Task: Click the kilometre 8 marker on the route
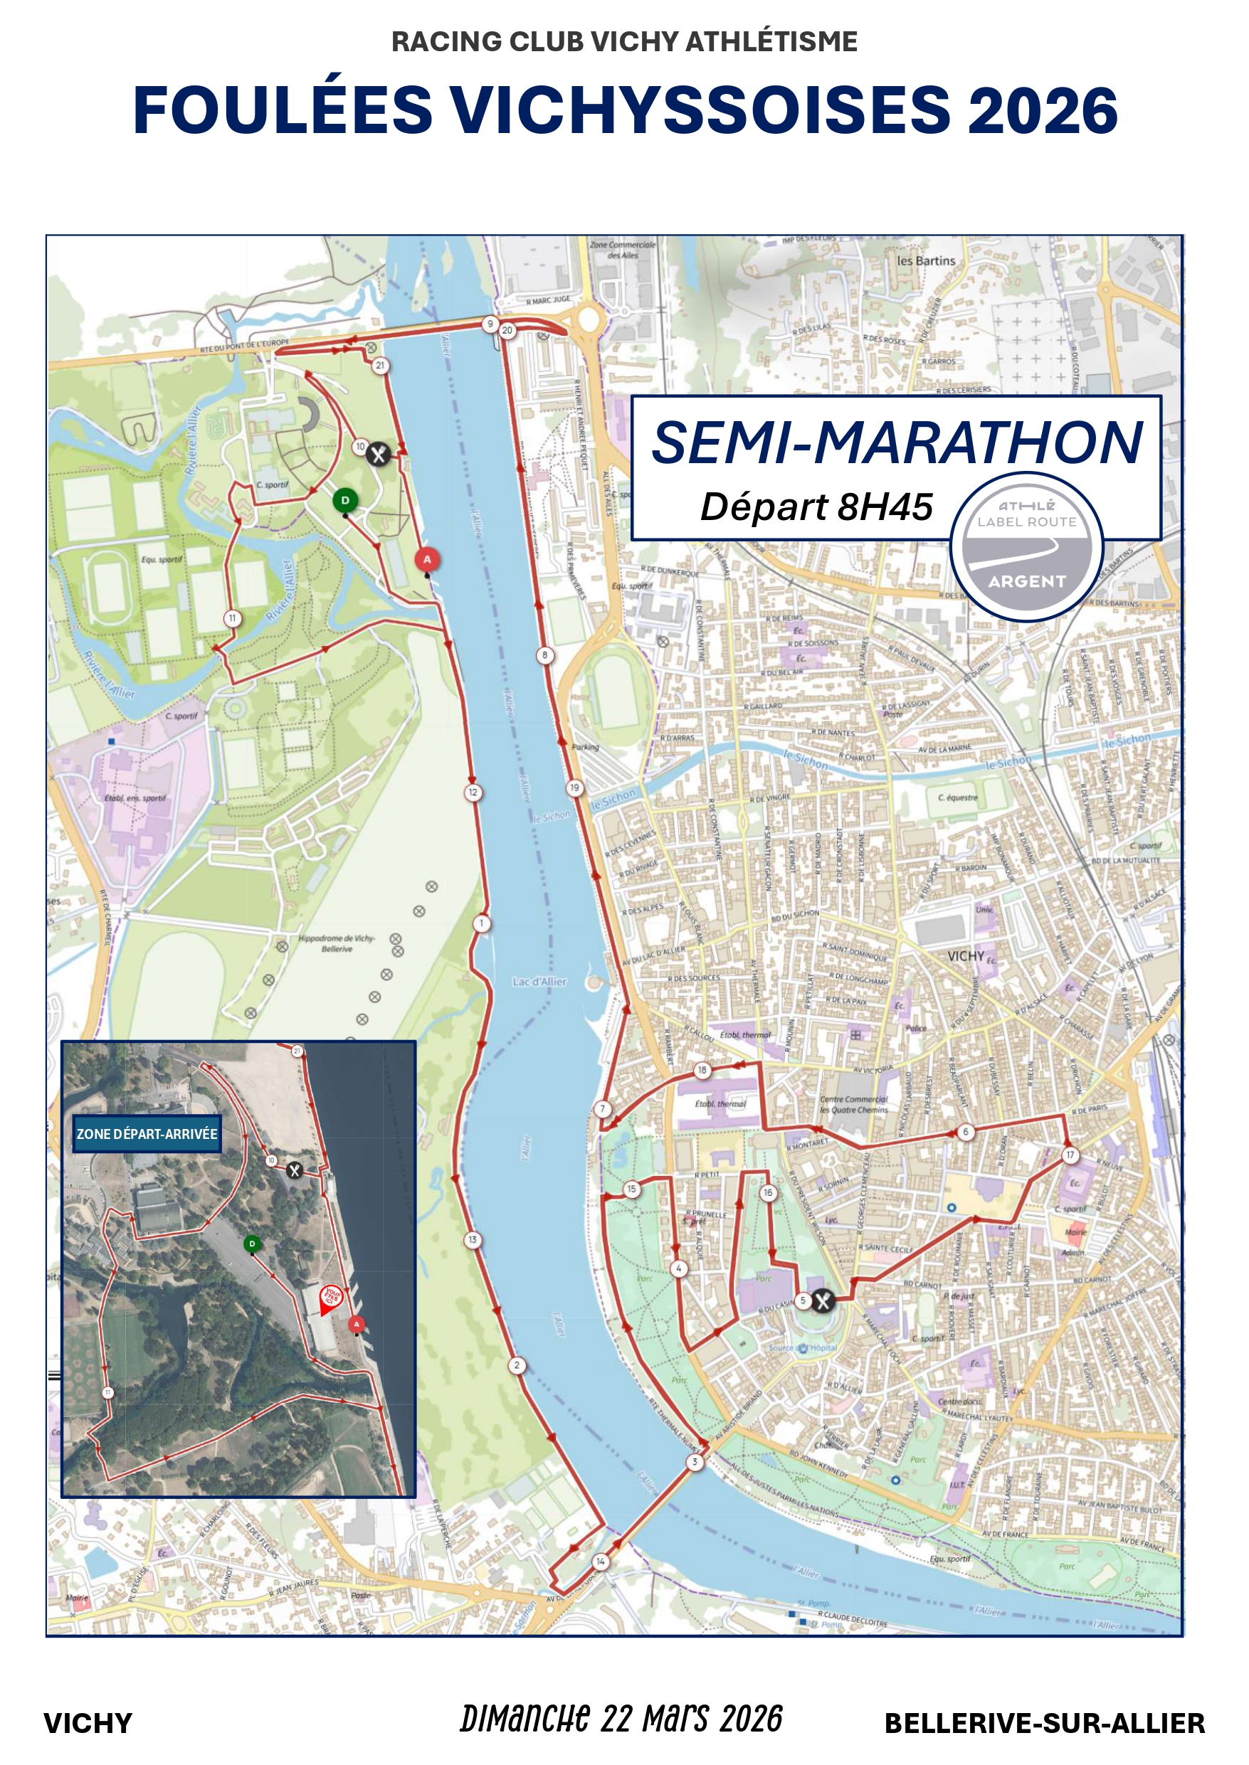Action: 544,655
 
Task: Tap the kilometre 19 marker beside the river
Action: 574,788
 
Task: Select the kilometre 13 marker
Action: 473,1239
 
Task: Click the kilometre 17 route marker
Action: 1070,1155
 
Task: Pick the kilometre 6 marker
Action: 965,1132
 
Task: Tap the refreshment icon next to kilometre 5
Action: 823,1300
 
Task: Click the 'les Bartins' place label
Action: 925,260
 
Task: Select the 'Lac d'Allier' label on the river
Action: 539,982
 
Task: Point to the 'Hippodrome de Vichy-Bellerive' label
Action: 337,943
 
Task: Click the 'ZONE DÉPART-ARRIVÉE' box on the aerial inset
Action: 147,1134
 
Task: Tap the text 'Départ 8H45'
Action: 816,507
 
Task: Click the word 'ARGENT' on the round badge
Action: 1027,581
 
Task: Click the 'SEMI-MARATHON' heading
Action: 897,442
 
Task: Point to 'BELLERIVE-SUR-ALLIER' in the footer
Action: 1045,1724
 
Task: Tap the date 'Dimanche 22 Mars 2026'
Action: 621,1719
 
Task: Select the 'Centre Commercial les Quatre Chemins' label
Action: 854,1104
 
